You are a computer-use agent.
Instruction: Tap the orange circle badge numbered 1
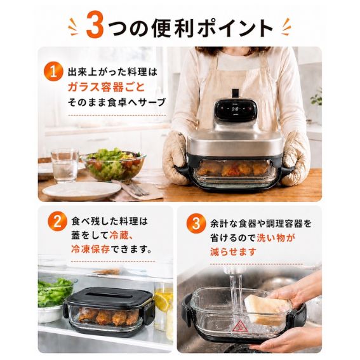[53, 72]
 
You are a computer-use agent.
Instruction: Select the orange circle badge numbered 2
[57, 222]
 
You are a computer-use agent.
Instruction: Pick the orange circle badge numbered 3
[196, 224]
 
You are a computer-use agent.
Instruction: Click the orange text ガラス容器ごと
[106, 87]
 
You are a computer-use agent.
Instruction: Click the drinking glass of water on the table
[65, 165]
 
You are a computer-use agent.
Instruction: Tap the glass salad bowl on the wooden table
[114, 164]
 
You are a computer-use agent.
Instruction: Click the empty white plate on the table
[82, 190]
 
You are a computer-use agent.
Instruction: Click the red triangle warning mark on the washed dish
[238, 327]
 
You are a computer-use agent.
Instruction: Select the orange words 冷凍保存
[90, 250]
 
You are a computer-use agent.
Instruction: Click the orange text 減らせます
[233, 252]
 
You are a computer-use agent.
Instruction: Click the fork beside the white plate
[135, 188]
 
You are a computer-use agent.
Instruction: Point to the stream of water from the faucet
[236, 296]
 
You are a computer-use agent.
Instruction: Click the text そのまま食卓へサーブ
[116, 102]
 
